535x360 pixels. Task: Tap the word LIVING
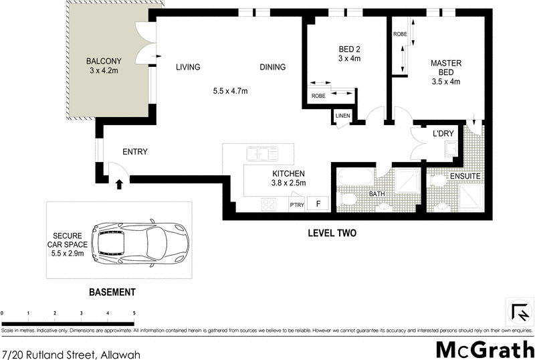click(x=188, y=67)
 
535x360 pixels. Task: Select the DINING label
click(x=273, y=67)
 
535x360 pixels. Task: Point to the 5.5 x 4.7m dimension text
click(x=230, y=91)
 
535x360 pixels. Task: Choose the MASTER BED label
click(x=446, y=68)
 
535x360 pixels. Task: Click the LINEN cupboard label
click(x=343, y=116)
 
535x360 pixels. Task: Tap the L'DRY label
click(x=443, y=134)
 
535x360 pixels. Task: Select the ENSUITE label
click(x=465, y=176)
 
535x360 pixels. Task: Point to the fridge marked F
click(x=318, y=203)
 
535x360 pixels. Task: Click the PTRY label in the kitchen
click(x=297, y=204)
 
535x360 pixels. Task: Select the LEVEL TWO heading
click(x=332, y=234)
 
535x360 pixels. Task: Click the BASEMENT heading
click(x=112, y=292)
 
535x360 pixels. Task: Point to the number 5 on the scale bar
click(x=134, y=313)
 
